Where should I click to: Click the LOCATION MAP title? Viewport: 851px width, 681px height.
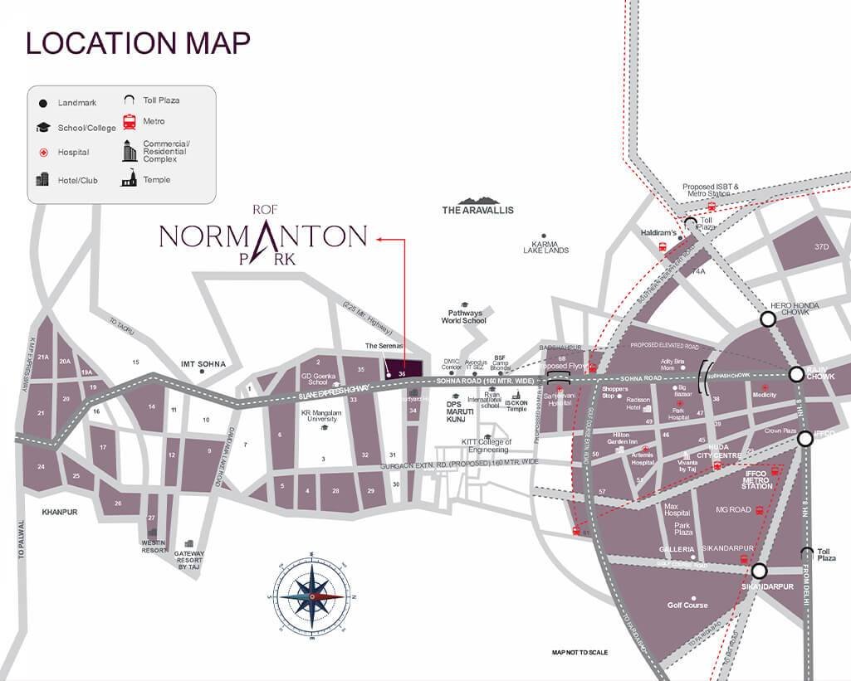pos(138,43)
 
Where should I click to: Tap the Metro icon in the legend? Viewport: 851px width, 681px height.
pos(130,122)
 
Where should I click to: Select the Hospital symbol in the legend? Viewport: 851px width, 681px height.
pos(42,153)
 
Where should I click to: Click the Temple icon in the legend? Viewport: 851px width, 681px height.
pos(129,178)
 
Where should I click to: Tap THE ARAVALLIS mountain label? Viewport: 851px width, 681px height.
pos(477,210)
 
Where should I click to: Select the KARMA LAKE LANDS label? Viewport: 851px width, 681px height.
pos(545,246)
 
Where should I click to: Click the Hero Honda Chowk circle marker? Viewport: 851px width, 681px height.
pos(768,319)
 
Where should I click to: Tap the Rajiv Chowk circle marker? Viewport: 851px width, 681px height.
pos(796,374)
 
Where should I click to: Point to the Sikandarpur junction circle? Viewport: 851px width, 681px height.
pos(759,571)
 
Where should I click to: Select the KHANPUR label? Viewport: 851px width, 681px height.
pos(60,512)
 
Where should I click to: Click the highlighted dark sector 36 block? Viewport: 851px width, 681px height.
pos(402,368)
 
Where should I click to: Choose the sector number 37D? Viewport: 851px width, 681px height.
pos(822,247)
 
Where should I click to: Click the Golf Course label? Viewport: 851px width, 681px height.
pos(687,605)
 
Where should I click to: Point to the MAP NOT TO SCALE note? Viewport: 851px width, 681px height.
pos(580,653)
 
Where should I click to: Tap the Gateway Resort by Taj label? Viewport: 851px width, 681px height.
pos(189,562)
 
